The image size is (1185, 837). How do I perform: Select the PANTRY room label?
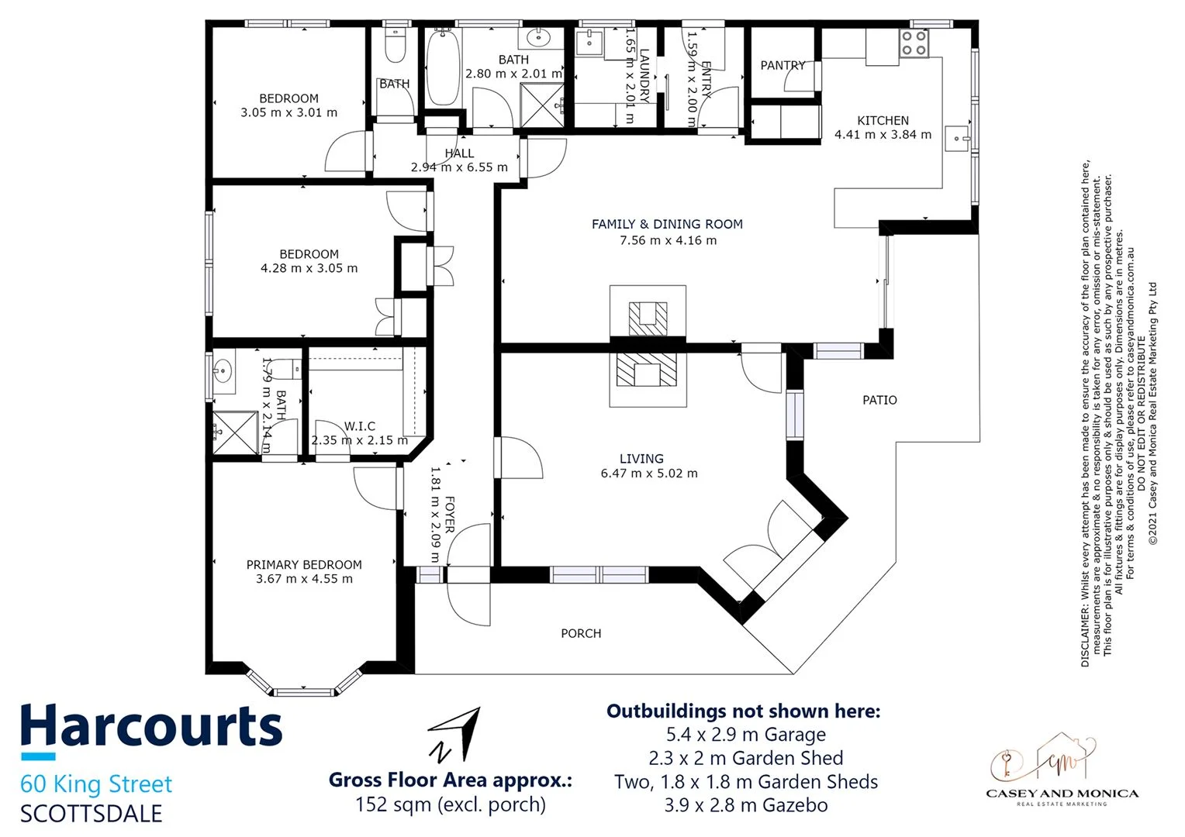pos(783,66)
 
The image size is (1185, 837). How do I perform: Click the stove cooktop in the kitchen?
pos(914,43)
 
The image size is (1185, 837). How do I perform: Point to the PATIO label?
pos(879,401)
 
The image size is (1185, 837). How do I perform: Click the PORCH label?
pos(581,634)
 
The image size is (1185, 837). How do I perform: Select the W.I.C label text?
pos(360,426)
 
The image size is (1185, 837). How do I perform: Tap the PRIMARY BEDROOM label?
pos(304,565)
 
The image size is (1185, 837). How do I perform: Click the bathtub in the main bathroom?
pos(443,67)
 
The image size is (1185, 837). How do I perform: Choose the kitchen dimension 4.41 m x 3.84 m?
pos(883,135)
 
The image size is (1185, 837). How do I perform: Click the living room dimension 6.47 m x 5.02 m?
pos(649,474)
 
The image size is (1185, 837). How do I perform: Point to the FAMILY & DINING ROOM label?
pos(667,225)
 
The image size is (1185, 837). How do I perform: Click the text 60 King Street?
pos(96,784)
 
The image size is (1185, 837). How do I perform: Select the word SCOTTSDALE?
pos(92,814)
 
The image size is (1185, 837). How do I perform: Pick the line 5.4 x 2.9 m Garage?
pos(745,735)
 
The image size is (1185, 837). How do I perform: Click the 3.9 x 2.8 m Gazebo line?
pos(745,805)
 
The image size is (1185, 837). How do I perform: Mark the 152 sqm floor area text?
pos(450,804)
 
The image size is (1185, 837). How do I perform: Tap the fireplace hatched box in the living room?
pos(648,370)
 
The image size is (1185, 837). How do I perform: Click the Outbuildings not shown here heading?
pos(743,711)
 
